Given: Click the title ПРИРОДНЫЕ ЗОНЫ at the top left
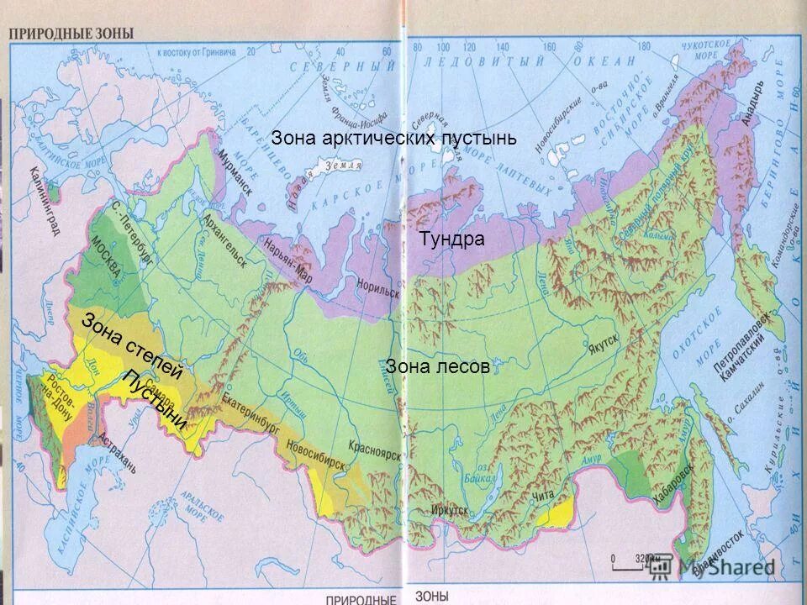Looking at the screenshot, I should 71,34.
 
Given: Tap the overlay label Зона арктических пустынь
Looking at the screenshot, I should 393,138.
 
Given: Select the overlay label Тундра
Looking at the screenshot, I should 451,239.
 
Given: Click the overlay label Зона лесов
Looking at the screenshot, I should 437,366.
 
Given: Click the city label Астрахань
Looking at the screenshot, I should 117,453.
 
